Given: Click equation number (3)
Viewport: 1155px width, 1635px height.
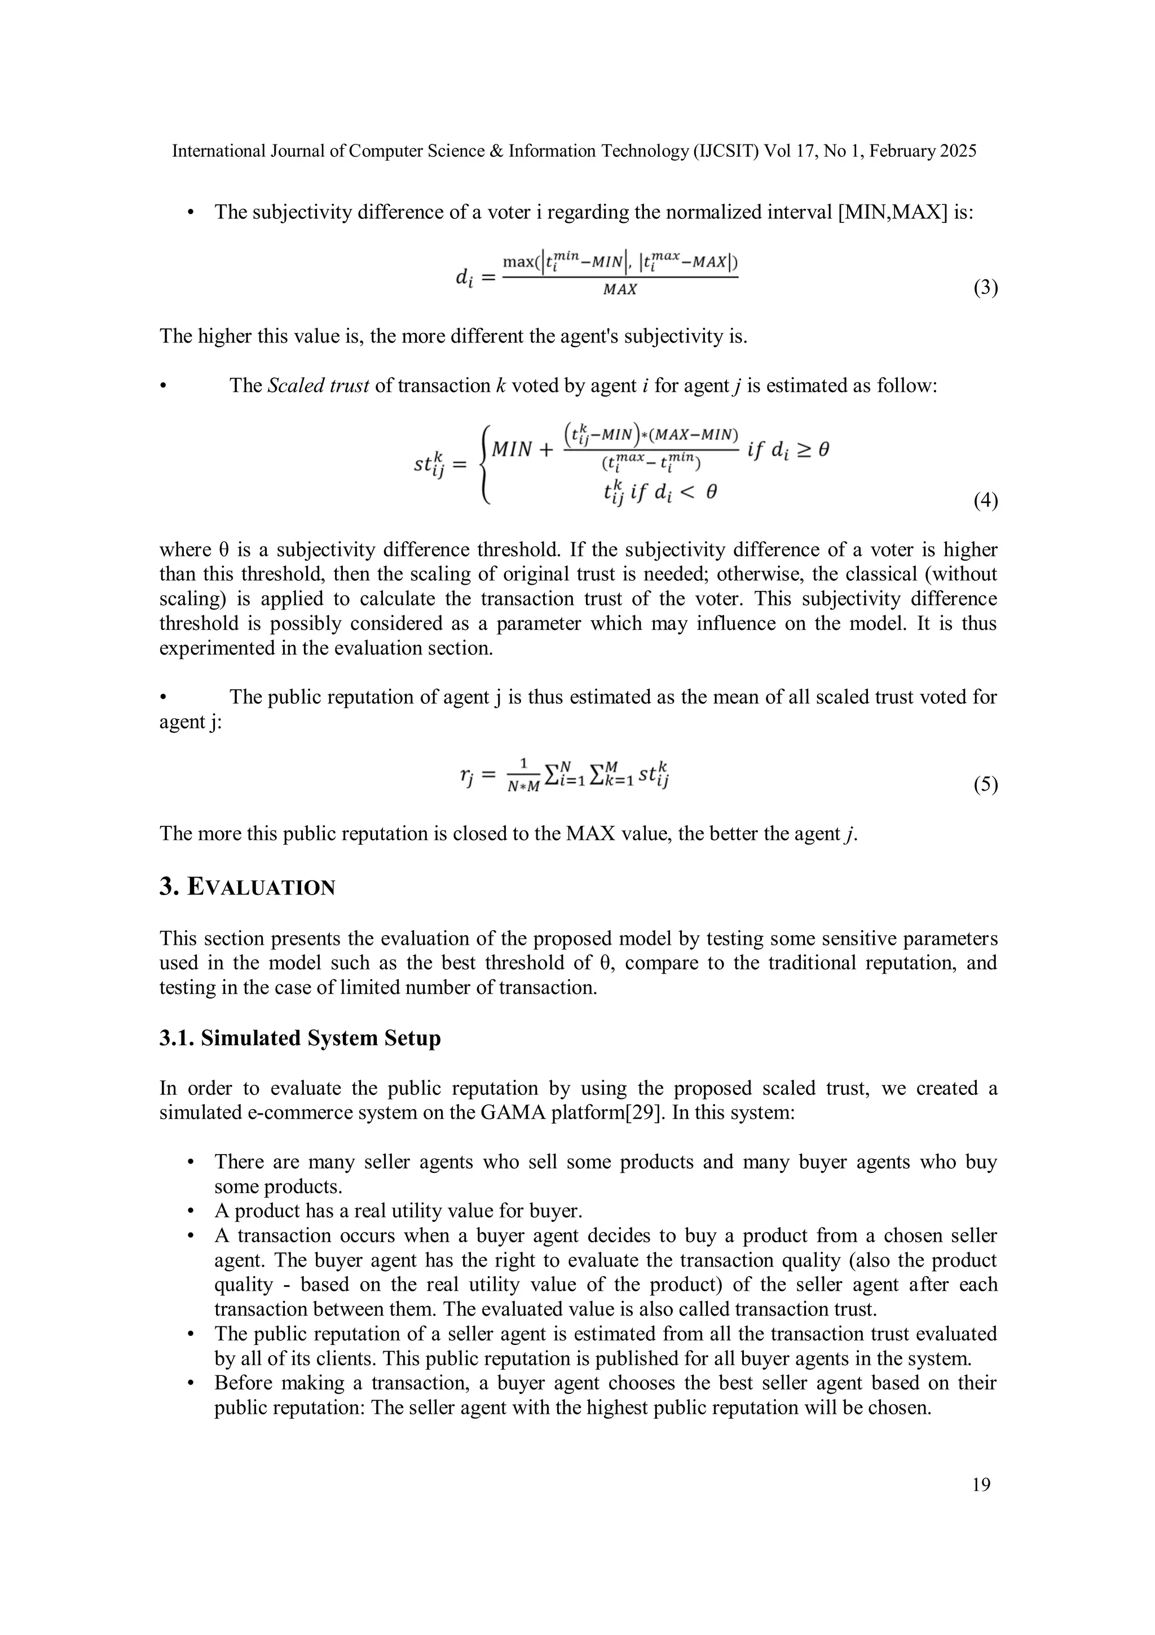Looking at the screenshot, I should click(985, 288).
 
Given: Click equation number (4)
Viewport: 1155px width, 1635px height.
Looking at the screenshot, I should click(985, 501).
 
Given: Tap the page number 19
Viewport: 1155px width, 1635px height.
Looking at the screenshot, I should click(981, 1485).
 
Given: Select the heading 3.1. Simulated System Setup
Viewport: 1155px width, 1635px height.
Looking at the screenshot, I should click(299, 1038).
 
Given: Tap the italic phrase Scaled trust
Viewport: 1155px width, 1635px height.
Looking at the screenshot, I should click(318, 386).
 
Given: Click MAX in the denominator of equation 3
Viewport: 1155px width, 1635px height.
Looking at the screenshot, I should click(620, 289).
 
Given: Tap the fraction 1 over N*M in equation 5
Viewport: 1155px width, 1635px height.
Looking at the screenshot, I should click(524, 775).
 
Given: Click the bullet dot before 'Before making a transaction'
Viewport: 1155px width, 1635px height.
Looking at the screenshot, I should click(190, 1383).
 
